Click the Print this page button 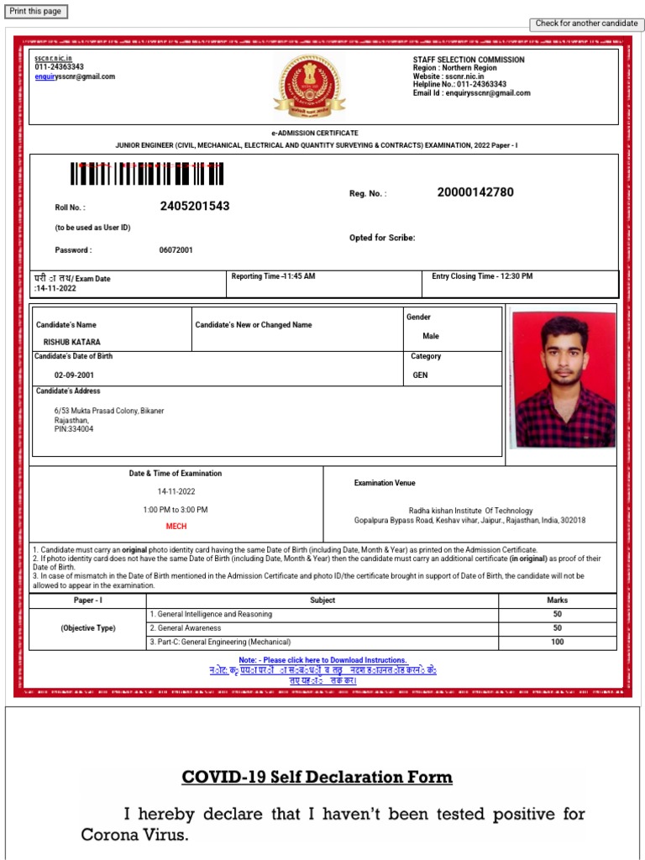tap(35, 11)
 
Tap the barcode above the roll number tap(148, 173)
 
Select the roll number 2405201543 tap(195, 206)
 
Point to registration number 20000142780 tap(475, 192)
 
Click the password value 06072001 tap(176, 250)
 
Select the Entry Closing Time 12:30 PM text tap(482, 276)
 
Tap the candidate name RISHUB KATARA tap(71, 343)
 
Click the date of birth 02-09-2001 tap(74, 375)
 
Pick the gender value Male tap(431, 336)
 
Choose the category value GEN tap(420, 375)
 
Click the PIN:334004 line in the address tap(74, 429)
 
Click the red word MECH tap(176, 527)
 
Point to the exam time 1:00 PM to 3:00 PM tap(176, 510)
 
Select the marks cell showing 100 tap(557, 642)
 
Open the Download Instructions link tap(322, 660)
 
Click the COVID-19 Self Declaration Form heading tap(317, 777)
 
